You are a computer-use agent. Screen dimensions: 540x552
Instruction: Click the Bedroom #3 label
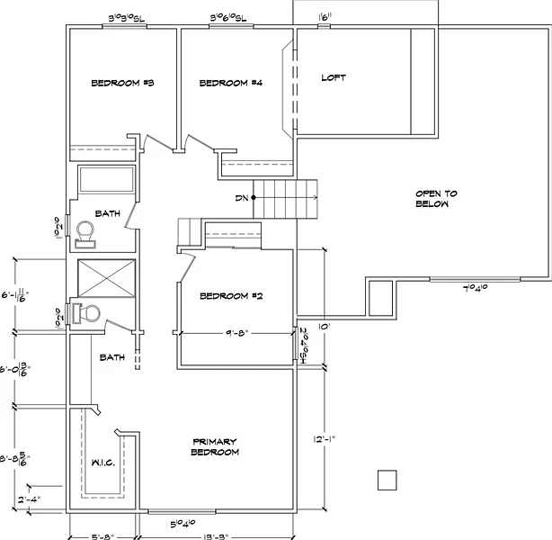[124, 84]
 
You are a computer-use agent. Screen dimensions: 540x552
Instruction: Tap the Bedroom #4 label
[230, 84]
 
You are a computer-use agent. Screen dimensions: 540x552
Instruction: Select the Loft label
[334, 78]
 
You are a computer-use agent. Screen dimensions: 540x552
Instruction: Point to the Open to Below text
[436, 199]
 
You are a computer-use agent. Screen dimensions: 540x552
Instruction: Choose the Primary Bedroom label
[215, 446]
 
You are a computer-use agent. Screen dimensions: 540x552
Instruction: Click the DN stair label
[241, 197]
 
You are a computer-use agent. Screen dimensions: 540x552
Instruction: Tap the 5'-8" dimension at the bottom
[102, 536]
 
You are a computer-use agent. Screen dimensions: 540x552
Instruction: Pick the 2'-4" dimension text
[29, 498]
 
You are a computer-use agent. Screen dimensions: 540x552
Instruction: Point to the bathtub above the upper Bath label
[106, 180]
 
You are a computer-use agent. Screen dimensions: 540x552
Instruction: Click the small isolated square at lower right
[387, 480]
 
